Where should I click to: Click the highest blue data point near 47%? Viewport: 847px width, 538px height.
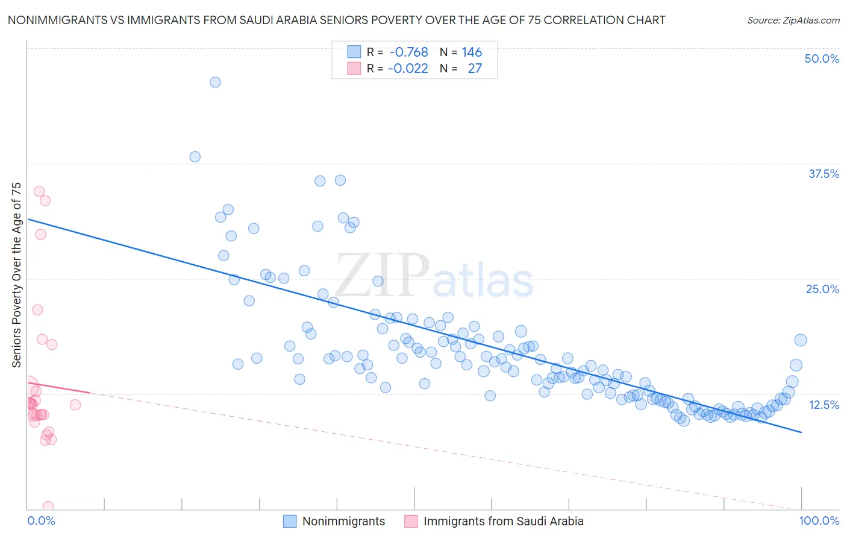[215, 82]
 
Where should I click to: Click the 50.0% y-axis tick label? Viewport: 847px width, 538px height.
[822, 59]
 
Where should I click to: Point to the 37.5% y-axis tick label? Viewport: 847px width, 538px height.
[824, 174]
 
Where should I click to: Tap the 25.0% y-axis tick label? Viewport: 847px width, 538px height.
[822, 289]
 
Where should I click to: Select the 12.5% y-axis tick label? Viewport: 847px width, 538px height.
[824, 405]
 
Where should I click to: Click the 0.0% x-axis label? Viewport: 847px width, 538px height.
[41, 521]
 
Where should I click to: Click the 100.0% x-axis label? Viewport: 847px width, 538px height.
[819, 521]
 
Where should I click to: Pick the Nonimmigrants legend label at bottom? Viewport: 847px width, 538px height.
[343, 521]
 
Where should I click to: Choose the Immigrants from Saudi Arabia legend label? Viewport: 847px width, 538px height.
[503, 521]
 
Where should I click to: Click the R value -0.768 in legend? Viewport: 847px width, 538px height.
[408, 52]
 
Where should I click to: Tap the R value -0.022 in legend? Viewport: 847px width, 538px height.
[408, 69]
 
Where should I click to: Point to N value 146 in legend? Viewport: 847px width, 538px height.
[472, 52]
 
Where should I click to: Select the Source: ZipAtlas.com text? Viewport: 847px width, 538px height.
[793, 20]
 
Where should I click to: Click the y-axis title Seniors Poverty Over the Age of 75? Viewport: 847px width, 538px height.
[16, 275]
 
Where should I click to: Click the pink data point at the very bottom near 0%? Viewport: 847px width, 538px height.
[48, 507]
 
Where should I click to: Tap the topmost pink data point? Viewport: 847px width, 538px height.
[39, 191]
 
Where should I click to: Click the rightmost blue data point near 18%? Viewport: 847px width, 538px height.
[800, 340]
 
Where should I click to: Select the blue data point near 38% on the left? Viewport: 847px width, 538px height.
[195, 157]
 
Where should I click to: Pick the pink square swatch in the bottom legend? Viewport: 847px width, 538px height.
[411, 521]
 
